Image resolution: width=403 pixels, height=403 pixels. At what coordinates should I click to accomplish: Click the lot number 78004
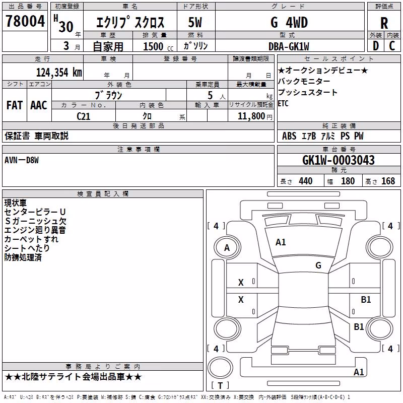25,21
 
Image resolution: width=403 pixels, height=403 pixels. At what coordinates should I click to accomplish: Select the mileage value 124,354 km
59,73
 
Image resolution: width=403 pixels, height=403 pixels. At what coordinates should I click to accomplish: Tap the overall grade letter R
384,23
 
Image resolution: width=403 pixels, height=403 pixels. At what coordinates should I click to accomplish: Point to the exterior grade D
376,46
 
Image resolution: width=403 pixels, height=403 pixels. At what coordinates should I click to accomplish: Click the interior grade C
392,46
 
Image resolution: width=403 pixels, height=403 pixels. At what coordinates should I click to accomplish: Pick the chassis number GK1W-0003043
338,160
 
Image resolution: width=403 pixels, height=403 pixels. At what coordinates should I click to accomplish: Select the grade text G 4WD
289,23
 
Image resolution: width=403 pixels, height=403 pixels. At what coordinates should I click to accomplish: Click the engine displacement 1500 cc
158,46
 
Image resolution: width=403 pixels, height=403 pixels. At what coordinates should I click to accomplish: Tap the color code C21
84,116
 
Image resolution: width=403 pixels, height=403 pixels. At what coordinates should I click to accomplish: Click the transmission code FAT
15,105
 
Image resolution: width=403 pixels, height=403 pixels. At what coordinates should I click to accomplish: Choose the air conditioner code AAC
39,105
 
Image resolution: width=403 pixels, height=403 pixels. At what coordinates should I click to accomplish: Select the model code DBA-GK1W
289,46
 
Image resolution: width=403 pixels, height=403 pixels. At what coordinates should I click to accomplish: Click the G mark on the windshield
318,265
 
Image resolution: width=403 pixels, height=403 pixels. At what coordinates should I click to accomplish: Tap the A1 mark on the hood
281,242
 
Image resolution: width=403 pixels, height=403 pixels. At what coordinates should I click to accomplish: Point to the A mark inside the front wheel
227,248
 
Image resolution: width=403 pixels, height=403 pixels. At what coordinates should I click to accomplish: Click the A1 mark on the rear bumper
359,372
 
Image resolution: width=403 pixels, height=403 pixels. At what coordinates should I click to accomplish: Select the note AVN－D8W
22,160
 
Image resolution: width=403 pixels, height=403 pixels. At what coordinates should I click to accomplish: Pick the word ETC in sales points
283,104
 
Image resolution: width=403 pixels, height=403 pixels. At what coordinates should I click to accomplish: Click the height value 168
388,181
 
